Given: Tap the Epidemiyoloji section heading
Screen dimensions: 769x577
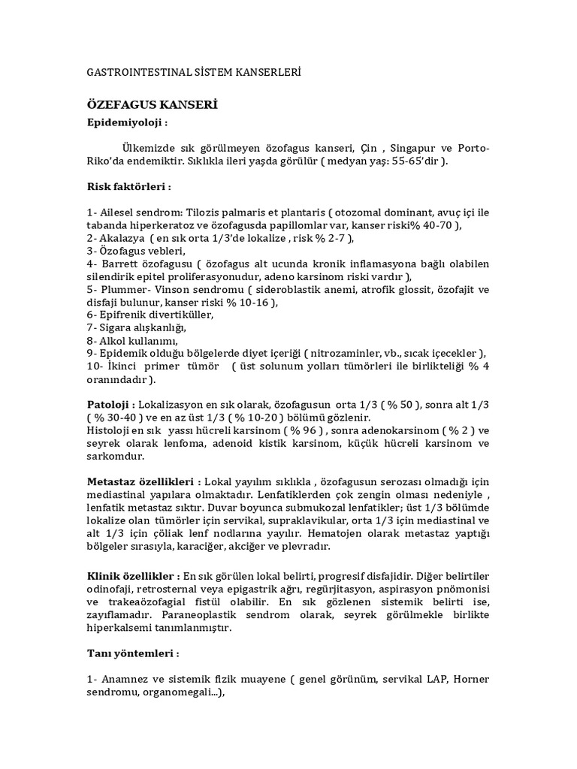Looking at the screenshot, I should click(126, 122).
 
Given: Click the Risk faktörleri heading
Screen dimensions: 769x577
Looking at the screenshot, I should click(128, 186).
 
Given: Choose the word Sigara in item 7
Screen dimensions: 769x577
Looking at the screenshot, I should click(117, 328).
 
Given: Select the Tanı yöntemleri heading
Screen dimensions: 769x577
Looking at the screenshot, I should click(132, 653).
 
